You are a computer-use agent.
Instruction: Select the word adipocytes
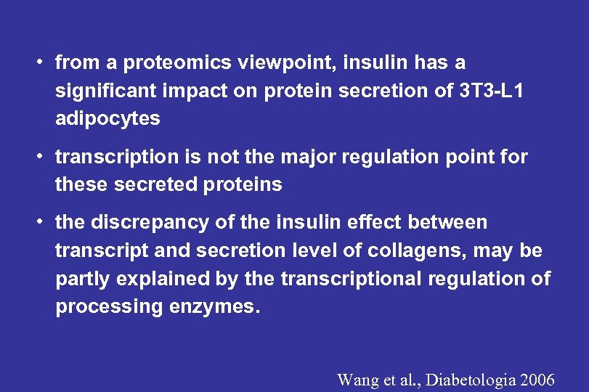[107, 118]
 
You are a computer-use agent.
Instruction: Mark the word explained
[149, 278]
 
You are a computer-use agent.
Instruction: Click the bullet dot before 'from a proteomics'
[44, 63]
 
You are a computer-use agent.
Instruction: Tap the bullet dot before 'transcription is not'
[44, 157]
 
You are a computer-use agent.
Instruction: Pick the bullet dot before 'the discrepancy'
[44, 222]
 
